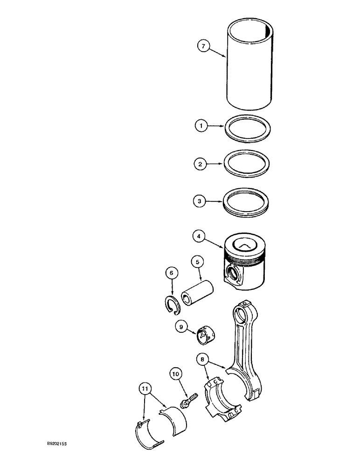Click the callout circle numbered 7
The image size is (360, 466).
(202, 46)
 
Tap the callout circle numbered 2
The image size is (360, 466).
(201, 164)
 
